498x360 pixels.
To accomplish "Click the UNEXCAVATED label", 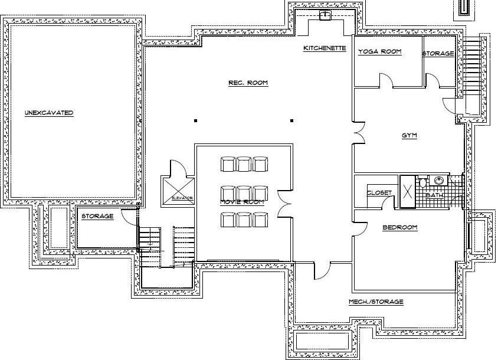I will point(49,112).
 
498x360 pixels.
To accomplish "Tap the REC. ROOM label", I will point(248,83).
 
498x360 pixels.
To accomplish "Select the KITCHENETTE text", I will point(325,48).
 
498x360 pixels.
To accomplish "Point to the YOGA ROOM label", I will point(380,52).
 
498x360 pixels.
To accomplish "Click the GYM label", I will point(409,136).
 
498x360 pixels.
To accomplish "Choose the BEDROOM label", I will point(400,227).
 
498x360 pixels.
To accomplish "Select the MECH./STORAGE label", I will point(376,302).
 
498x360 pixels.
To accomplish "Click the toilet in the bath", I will point(422,182).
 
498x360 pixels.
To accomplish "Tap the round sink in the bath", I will point(439,181).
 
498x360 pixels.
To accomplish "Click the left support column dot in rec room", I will point(196,120).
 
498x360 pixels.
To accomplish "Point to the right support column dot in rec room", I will point(291,120).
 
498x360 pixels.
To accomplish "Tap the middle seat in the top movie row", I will point(245,163).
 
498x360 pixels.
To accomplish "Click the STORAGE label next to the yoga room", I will point(438,54).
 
